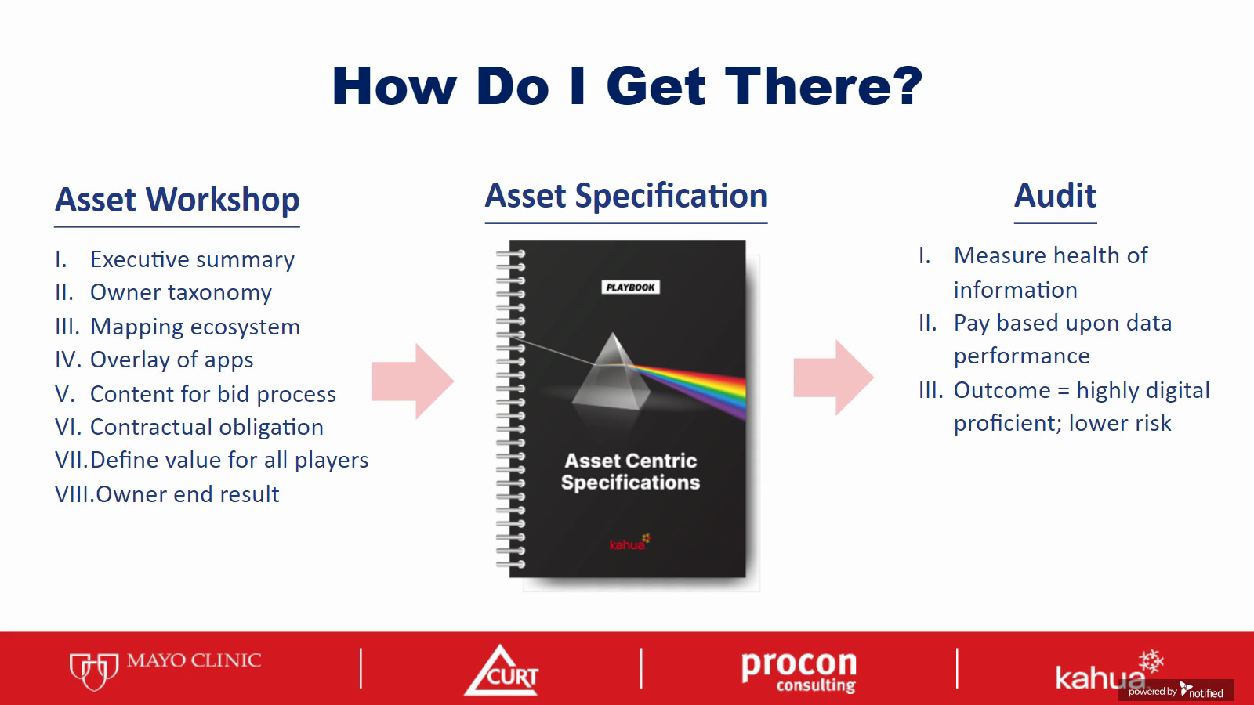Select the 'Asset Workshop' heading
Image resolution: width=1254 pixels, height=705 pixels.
[x=177, y=200]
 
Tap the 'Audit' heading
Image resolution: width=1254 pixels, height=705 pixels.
[x=1055, y=196]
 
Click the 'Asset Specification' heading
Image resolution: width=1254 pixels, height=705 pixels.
[x=626, y=197]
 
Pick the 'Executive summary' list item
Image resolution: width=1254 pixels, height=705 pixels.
[x=192, y=259]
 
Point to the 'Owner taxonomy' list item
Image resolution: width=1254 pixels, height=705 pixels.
[x=181, y=293]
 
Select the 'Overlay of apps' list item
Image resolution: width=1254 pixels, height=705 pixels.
[x=172, y=360]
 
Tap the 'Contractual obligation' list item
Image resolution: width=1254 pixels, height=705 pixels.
[x=207, y=427]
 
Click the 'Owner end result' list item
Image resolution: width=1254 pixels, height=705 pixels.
[x=187, y=494]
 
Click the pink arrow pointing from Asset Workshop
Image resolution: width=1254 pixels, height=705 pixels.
[x=412, y=381]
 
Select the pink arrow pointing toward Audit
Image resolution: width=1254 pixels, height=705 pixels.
[x=834, y=378]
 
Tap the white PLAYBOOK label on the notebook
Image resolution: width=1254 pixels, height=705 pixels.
[x=630, y=287]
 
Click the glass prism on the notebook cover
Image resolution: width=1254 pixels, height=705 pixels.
[x=611, y=371]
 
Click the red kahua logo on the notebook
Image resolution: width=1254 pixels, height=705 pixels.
[x=630, y=543]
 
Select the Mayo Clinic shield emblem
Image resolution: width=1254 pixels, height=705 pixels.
[x=93, y=671]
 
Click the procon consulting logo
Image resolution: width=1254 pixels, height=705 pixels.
[x=799, y=671]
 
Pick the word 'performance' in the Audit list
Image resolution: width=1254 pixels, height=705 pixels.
[x=1022, y=356]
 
